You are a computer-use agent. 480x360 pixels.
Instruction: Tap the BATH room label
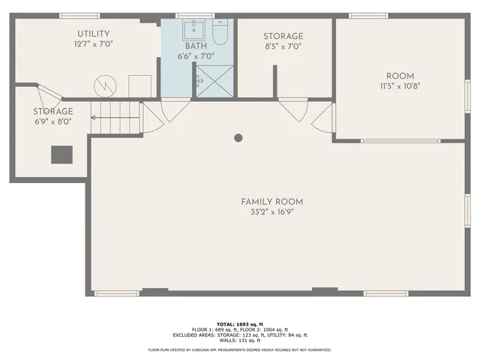(196, 46)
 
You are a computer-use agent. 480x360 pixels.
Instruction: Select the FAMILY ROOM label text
(271, 202)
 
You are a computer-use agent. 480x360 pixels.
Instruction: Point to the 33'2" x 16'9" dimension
(271, 212)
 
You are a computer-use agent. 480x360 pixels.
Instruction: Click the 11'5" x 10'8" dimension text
(400, 85)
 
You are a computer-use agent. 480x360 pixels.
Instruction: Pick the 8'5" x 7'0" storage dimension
(283, 46)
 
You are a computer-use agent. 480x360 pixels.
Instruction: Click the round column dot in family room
(238, 137)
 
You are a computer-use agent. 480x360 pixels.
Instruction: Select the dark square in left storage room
(61, 154)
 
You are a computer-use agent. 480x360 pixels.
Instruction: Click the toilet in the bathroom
(220, 34)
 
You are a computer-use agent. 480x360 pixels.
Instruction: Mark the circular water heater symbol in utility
(104, 85)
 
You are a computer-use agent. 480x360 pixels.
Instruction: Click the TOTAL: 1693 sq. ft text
(239, 324)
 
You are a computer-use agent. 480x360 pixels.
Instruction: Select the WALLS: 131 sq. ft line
(239, 340)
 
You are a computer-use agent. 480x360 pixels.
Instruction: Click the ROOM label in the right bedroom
(400, 76)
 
